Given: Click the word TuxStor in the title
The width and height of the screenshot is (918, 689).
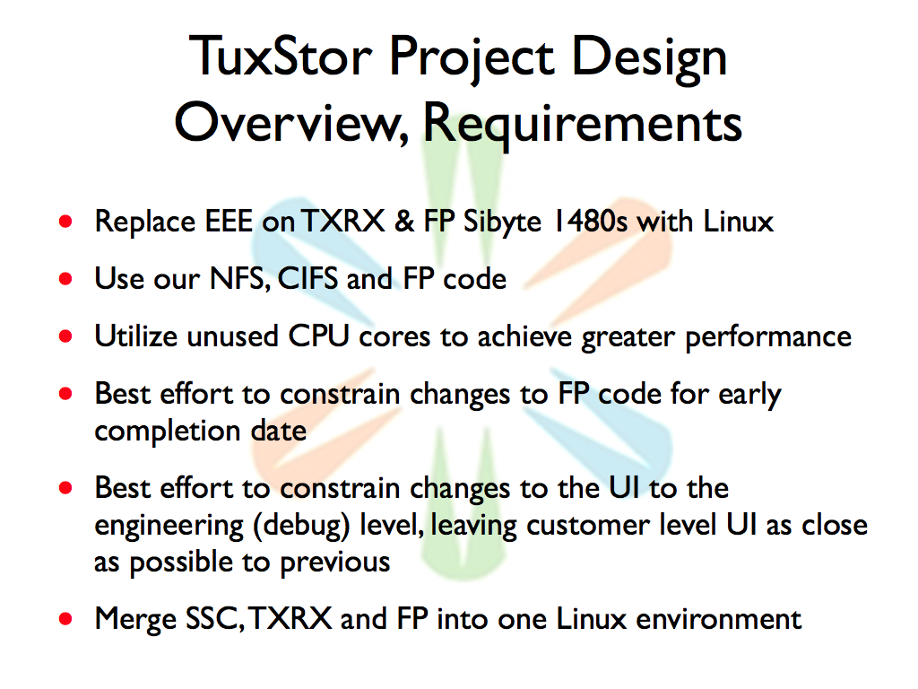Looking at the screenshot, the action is pyautogui.click(x=281, y=57).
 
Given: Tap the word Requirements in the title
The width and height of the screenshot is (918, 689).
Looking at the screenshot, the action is pyautogui.click(x=583, y=124).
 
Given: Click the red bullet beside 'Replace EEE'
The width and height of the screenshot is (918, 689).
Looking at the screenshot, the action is pyautogui.click(x=65, y=222).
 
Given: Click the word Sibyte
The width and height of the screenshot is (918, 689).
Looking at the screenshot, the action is pyautogui.click(x=502, y=222).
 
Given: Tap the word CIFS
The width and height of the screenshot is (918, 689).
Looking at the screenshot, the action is pyautogui.click(x=307, y=278).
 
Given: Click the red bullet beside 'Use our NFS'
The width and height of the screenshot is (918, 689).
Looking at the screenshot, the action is pyautogui.click(x=65, y=279).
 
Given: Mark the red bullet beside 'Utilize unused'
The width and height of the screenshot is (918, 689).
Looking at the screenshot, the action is pyautogui.click(x=65, y=336).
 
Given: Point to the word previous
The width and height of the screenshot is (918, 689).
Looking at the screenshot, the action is pyautogui.click(x=335, y=563).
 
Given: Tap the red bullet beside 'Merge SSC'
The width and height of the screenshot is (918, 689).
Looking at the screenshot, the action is pyautogui.click(x=65, y=619).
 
